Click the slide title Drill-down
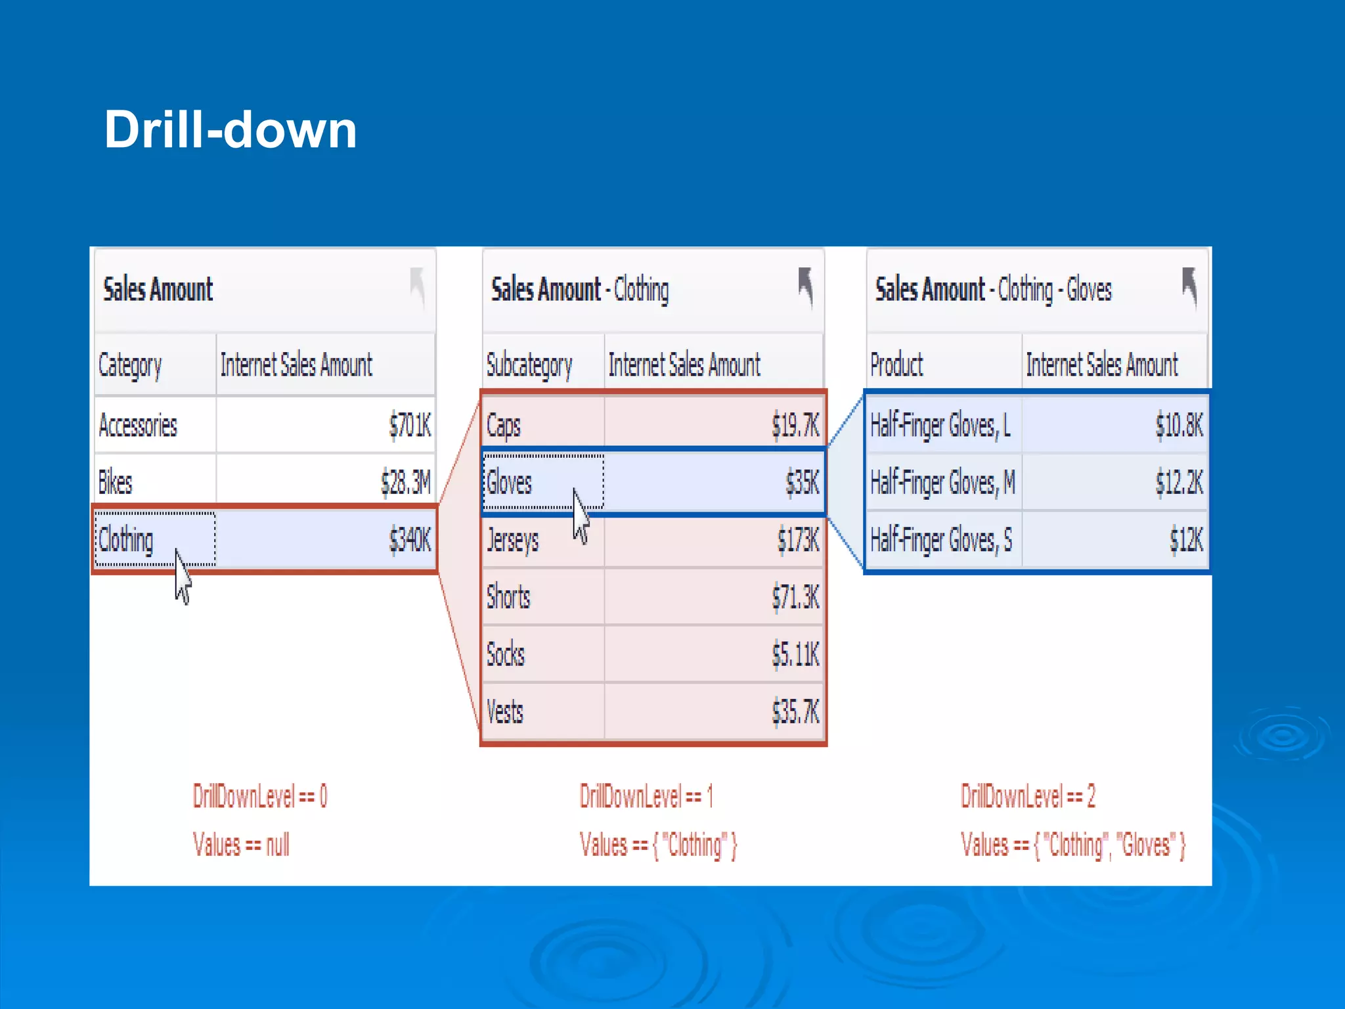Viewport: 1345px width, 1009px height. [x=231, y=129]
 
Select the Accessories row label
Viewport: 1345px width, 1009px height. [x=138, y=426]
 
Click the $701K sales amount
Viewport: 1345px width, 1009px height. [x=410, y=426]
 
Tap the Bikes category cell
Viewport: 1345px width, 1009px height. [x=116, y=483]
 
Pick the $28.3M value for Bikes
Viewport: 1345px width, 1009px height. [x=406, y=483]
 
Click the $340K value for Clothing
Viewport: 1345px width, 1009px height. [x=410, y=540]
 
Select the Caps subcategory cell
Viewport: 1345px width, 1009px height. [x=504, y=426]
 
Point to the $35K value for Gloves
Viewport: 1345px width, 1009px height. [x=803, y=483]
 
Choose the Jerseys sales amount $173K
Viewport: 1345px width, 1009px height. [x=798, y=540]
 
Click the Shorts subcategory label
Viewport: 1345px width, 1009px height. [x=508, y=597]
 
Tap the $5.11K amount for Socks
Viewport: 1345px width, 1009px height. [x=795, y=654]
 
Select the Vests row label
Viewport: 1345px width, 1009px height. [x=505, y=711]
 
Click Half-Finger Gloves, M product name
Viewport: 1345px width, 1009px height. [x=942, y=483]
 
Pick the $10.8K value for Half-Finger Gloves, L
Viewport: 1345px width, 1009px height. [x=1180, y=426]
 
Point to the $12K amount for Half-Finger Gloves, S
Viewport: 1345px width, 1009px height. [x=1186, y=540]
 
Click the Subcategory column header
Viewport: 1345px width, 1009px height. [x=529, y=365]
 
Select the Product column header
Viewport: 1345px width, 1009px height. [x=896, y=365]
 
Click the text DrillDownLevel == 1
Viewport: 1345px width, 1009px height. [x=646, y=797]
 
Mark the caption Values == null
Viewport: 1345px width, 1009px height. [x=241, y=845]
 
